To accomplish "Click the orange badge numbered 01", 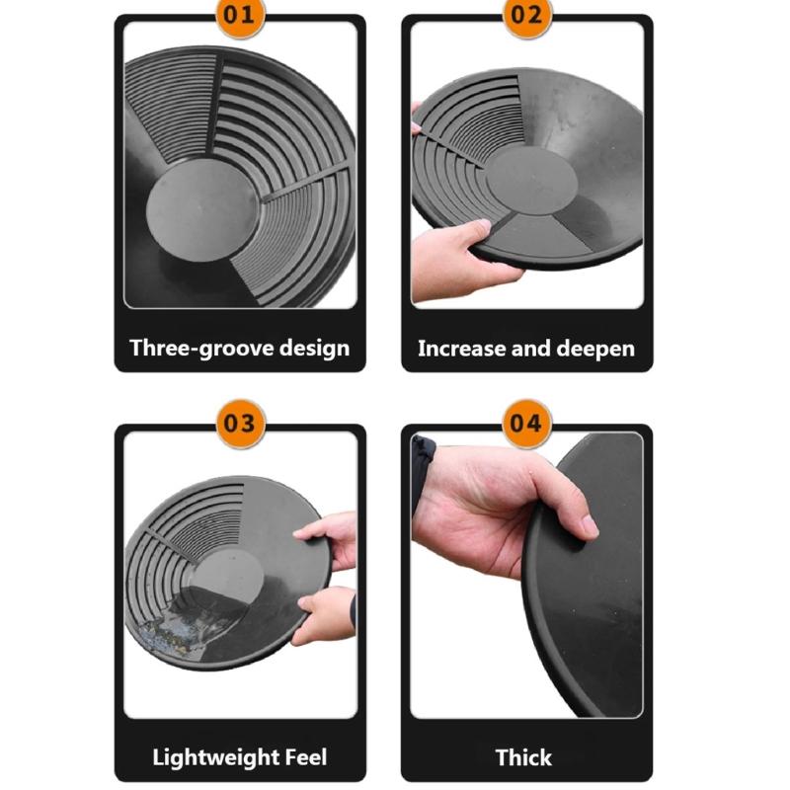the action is (x=240, y=15).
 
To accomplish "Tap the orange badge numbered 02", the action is (x=527, y=15).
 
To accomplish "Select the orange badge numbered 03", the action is (x=241, y=424).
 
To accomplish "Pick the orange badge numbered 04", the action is (x=527, y=424).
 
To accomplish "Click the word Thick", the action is (x=524, y=757).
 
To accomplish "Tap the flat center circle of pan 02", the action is (x=531, y=180).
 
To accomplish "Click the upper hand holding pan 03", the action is (x=329, y=539).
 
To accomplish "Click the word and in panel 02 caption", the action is (x=530, y=349).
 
